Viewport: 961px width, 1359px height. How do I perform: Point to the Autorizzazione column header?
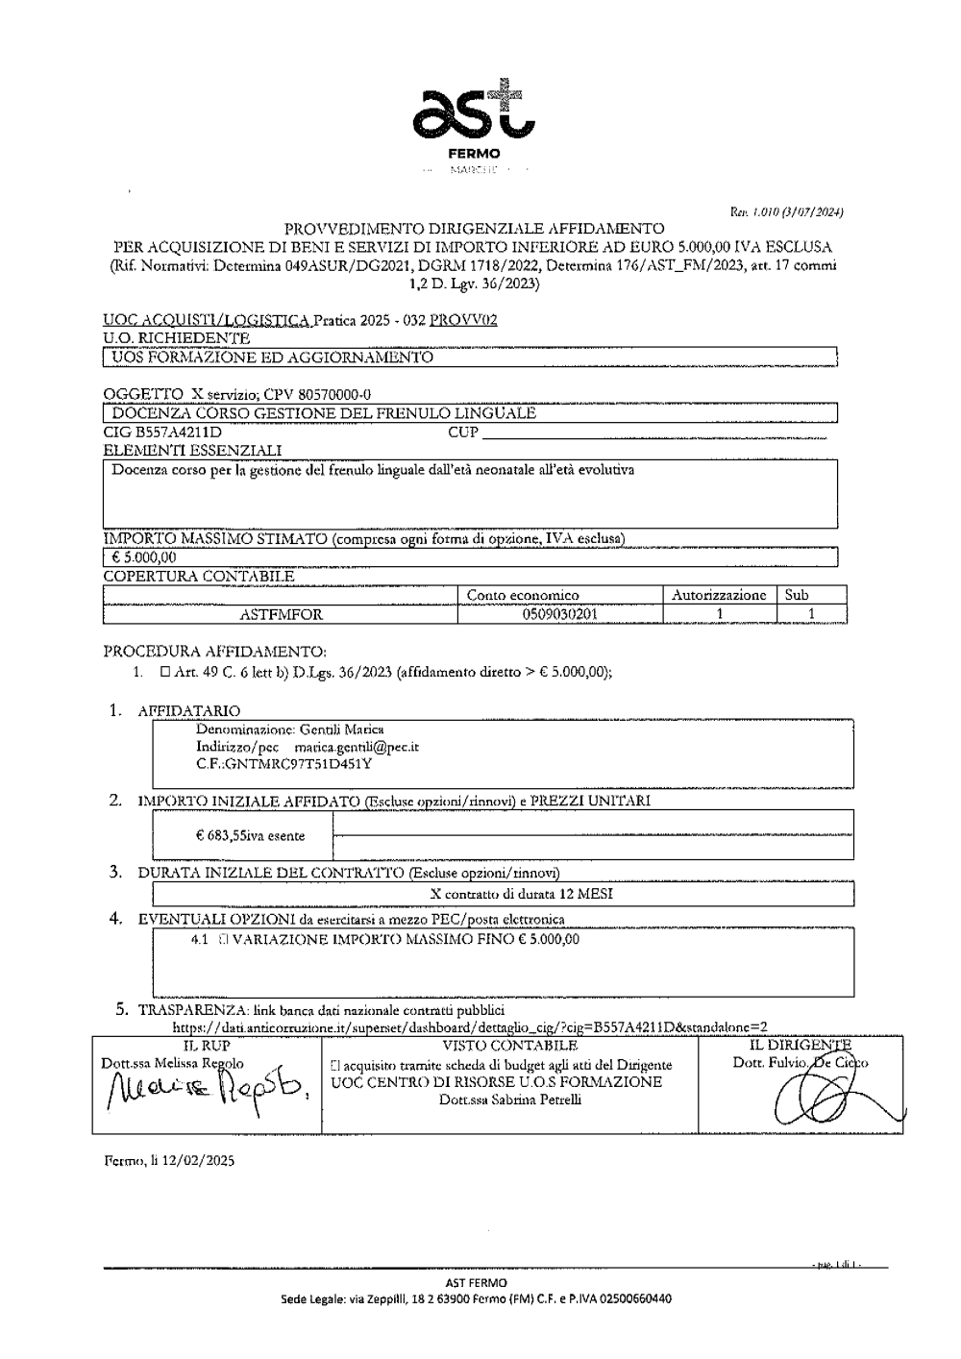coord(718,595)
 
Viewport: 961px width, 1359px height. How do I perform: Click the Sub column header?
coord(797,595)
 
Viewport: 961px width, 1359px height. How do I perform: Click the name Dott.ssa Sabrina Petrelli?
coord(509,1100)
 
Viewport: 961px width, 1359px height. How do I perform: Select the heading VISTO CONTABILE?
coord(509,1046)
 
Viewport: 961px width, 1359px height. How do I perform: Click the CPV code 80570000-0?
coord(324,394)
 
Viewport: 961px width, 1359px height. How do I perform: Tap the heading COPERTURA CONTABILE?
coord(198,577)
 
